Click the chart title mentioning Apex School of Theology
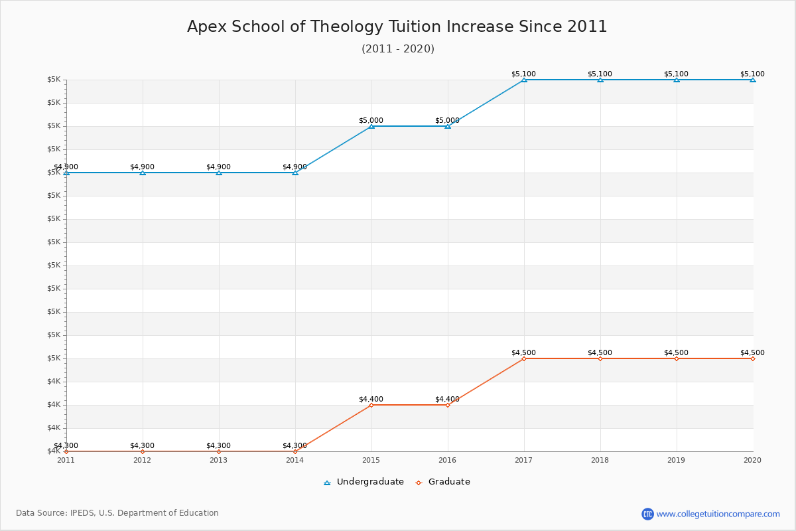[x=397, y=27]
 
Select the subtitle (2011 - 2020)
[x=398, y=48]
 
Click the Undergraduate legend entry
[x=364, y=482]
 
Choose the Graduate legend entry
[x=443, y=482]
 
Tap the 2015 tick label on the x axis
[x=371, y=460]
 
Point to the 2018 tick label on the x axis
[x=600, y=460]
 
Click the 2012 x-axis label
[x=142, y=460]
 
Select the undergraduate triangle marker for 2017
[x=524, y=80]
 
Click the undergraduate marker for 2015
[x=371, y=126]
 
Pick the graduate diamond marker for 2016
[x=448, y=405]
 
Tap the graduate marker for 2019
[x=677, y=359]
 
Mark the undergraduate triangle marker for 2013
[x=219, y=173]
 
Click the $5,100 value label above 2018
[x=600, y=74]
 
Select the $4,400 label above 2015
[x=371, y=399]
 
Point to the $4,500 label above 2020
[x=752, y=353]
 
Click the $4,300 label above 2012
[x=142, y=445]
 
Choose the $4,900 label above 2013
[x=218, y=167]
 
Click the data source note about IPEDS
[x=117, y=513]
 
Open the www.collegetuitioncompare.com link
[x=718, y=514]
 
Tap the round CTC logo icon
[x=647, y=514]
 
